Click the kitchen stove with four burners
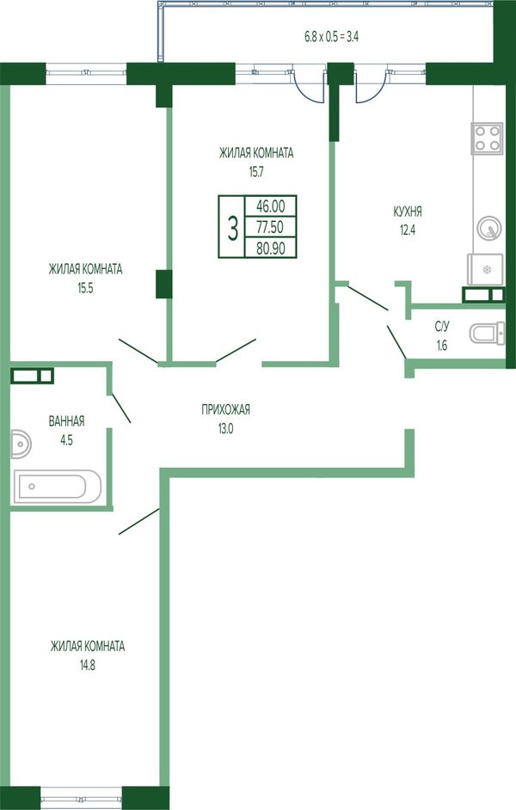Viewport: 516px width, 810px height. point(487,138)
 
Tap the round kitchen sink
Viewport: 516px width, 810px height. point(488,228)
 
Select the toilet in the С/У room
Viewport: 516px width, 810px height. point(487,333)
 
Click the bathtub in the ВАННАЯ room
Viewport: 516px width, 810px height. point(58,486)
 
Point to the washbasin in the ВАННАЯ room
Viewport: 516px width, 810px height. point(21,444)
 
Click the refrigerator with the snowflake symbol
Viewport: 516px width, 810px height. point(486,269)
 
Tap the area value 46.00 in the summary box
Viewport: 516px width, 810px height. point(271,206)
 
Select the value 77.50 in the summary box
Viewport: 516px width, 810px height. point(271,227)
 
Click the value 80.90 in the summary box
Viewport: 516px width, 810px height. point(271,248)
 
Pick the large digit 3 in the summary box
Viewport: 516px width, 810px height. point(233,228)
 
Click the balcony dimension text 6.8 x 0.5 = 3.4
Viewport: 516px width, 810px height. point(331,37)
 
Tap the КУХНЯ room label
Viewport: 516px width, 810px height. point(408,212)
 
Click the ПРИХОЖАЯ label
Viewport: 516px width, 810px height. point(225,409)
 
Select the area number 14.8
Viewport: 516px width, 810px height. point(88,666)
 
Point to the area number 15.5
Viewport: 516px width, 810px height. point(85,288)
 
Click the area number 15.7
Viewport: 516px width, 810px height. point(256,172)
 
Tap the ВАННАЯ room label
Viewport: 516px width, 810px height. point(66,421)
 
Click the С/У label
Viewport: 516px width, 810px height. point(442,327)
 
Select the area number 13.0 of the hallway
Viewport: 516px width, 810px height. point(225,428)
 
